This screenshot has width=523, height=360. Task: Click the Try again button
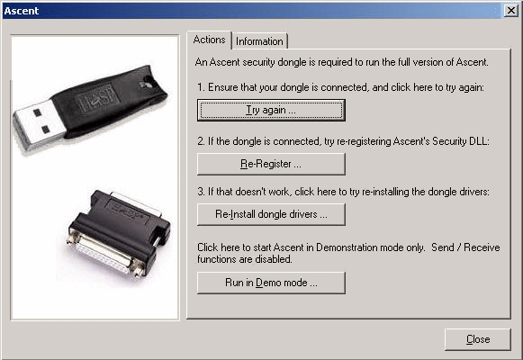point(271,110)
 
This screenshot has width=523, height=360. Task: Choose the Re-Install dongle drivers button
point(271,214)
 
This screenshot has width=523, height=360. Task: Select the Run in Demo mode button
point(271,283)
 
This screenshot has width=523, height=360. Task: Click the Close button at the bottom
point(478,339)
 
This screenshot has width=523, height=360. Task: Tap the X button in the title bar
point(511,11)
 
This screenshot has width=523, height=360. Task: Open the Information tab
point(259,41)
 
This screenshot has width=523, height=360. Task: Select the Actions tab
point(209,40)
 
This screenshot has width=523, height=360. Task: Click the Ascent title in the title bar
point(22,11)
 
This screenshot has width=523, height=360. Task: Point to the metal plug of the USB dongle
point(39,125)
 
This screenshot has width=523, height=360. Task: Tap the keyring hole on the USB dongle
point(146,85)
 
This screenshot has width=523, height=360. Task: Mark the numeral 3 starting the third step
point(201,192)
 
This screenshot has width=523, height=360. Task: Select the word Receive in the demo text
point(482,247)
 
